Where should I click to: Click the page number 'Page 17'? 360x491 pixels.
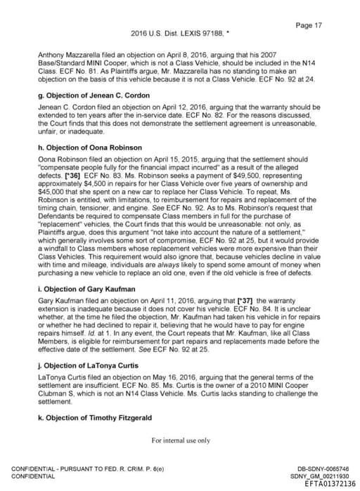309,25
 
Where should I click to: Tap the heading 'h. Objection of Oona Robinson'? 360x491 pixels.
80,148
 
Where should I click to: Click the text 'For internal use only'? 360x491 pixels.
181,440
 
